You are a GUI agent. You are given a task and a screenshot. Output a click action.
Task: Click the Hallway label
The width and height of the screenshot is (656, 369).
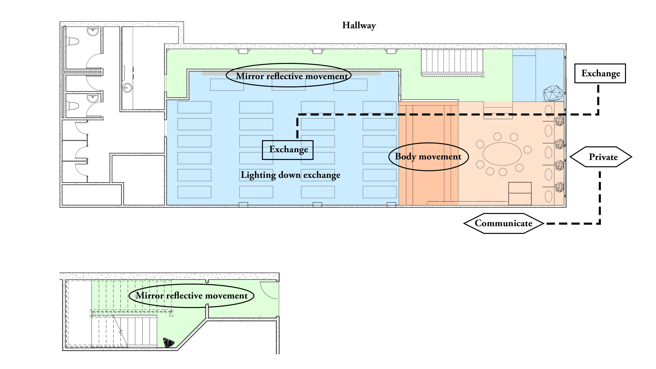click(x=359, y=26)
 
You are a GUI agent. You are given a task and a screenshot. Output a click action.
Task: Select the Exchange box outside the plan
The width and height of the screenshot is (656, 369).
click(x=600, y=73)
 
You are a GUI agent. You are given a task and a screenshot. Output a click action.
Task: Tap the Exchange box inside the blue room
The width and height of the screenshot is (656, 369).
click(x=288, y=150)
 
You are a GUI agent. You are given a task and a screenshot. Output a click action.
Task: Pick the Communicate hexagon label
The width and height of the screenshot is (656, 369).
click(x=503, y=223)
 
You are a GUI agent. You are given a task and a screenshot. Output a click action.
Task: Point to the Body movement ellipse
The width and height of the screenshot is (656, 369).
click(x=428, y=157)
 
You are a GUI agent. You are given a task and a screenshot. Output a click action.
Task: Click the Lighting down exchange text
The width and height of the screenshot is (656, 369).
click(x=290, y=175)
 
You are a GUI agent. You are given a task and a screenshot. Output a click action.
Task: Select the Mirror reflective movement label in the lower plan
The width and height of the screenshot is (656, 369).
click(x=191, y=296)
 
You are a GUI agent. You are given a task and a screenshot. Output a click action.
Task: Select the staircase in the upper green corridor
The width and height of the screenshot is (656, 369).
click(x=452, y=62)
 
